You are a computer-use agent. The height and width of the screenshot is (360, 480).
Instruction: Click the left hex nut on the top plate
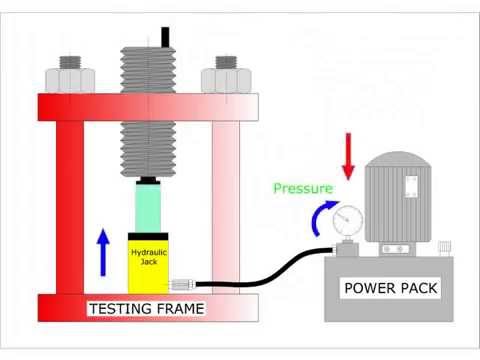click(x=78, y=76)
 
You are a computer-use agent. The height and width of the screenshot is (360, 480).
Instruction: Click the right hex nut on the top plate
click(x=222, y=76)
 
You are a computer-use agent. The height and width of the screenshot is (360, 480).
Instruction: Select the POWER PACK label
click(x=389, y=289)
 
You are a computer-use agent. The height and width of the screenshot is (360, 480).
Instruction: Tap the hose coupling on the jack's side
click(x=181, y=284)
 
